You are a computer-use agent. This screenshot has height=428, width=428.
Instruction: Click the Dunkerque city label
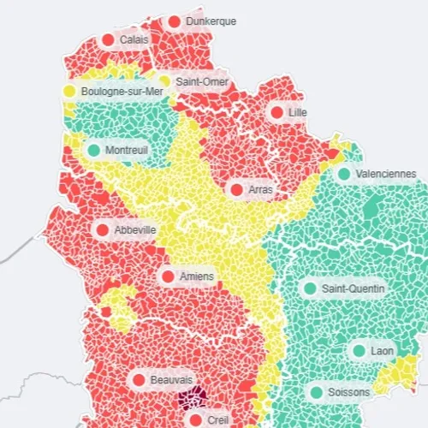pyautogui.click(x=211, y=21)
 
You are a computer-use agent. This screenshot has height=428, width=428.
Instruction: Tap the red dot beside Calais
pyautogui.click(x=108, y=40)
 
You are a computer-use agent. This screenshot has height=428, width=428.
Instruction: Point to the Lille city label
pyautogui.click(x=298, y=112)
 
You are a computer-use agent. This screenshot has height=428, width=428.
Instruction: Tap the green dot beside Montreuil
pyautogui.click(x=93, y=151)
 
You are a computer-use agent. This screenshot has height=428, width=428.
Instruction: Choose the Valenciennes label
pyautogui.click(x=385, y=174)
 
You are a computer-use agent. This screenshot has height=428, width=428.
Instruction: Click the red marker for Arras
pyautogui.click(x=236, y=189)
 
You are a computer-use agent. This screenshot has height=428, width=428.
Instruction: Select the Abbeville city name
pyautogui.click(x=134, y=229)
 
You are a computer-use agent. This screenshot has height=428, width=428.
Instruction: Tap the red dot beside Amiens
pyautogui.click(x=168, y=276)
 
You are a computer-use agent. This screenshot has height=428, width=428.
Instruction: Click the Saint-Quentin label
pyautogui.click(x=354, y=288)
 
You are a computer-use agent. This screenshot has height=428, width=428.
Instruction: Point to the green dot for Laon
pyautogui.click(x=359, y=351)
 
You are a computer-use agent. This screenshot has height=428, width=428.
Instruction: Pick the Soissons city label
pyautogui.click(x=349, y=392)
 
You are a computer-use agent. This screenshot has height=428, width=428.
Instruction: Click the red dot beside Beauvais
pyautogui.click(x=138, y=379)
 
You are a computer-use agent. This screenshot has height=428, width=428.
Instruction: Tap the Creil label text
pyautogui.click(x=219, y=419)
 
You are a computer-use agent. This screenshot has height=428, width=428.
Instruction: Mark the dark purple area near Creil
pyautogui.click(x=192, y=398)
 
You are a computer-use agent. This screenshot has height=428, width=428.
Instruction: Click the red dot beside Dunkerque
pyautogui.click(x=175, y=21)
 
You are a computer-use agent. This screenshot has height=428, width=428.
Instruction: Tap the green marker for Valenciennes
pyautogui.click(x=343, y=174)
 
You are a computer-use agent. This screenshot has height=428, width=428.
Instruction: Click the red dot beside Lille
pyautogui.click(x=276, y=112)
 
